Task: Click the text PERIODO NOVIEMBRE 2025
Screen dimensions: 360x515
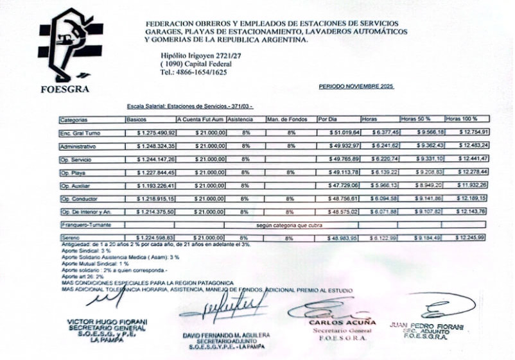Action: pyautogui.click(x=356, y=86)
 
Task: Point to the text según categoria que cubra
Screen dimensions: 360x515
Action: pyautogui.click(x=289, y=225)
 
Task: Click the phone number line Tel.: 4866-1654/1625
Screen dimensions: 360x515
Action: pyautogui.click(x=193, y=73)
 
